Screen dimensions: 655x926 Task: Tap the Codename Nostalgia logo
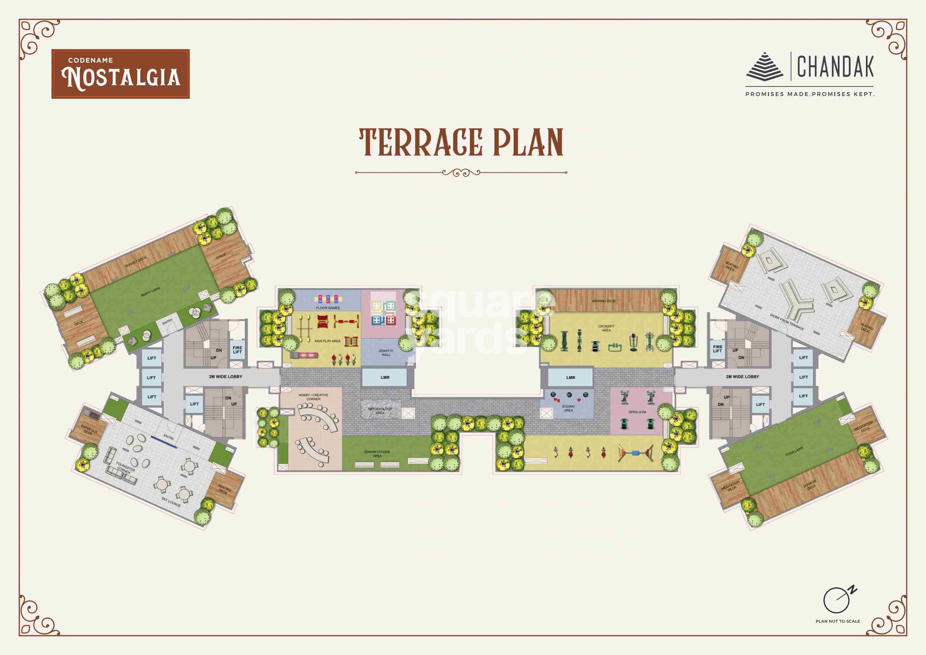120,74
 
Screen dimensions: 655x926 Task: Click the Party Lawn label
150,292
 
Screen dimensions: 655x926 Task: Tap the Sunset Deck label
136,261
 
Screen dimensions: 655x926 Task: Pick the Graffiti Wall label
386,353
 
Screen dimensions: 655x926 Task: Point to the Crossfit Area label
606,328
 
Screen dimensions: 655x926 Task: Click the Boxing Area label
568,408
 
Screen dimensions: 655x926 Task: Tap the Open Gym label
637,412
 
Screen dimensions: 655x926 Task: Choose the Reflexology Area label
380,411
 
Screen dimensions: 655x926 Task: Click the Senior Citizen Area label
377,454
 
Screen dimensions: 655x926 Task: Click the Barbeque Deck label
89,430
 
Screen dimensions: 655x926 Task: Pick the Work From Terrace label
787,322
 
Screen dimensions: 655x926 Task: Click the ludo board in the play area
383,313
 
